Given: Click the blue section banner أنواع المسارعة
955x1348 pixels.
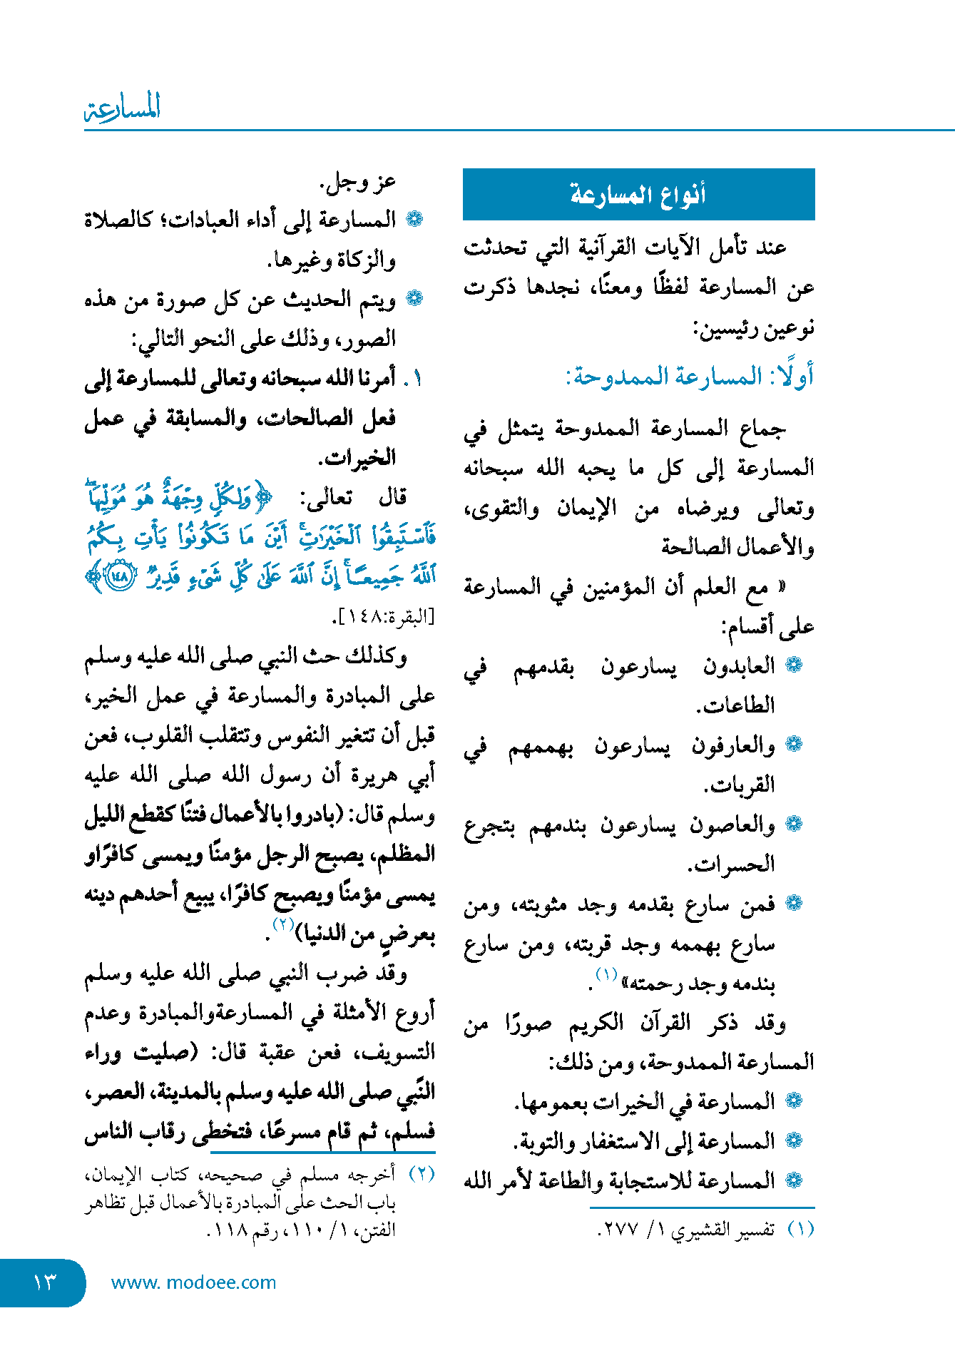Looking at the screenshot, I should [638, 194].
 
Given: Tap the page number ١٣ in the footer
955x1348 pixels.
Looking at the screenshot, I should [44, 1282].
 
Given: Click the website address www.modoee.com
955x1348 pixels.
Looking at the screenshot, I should [193, 1282].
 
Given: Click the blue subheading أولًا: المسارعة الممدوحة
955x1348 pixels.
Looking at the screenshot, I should [690, 376].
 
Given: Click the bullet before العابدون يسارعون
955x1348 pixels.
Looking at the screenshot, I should [793, 665].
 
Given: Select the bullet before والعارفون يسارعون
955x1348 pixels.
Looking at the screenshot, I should [793, 745].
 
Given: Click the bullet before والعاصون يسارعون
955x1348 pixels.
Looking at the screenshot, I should [793, 824].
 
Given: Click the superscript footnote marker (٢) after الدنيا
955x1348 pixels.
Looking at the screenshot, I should [284, 924].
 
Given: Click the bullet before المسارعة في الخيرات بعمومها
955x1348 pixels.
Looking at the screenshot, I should [793, 1101].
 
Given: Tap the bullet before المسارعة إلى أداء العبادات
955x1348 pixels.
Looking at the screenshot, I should [414, 219].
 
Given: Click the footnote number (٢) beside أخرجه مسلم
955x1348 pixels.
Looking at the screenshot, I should [421, 1174].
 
